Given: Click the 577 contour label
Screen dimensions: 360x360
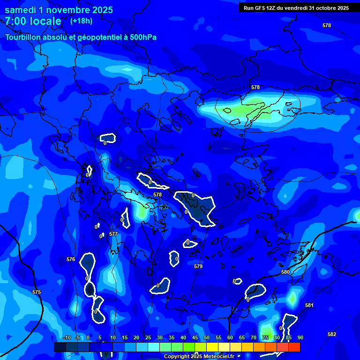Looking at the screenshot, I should pos(113,234).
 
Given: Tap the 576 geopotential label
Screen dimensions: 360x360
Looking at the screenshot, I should pos(71,259).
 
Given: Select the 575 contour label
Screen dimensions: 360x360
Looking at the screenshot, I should pos(37,292).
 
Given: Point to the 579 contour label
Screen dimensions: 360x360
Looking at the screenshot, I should pos(198,266).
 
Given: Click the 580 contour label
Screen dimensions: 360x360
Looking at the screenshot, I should pos(285,272).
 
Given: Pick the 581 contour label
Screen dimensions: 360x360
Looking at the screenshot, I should pos(309,305).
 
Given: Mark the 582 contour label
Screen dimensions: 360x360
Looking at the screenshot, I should pos(332,334).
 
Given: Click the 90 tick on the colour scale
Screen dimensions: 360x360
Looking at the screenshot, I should pos(300,337).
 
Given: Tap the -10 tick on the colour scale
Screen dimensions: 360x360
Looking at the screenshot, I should pos(67,337).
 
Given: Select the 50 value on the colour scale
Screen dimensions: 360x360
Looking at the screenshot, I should pos(206,337).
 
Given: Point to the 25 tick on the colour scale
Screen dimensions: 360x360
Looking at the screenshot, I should pos(148,337).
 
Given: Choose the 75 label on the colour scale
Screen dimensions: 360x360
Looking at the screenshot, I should pos(265,337).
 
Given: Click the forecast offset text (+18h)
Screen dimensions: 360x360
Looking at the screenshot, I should pos(81,21).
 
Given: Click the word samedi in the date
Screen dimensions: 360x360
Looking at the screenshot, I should pos(21,10).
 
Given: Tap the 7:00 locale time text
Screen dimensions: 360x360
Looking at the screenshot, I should pos(33,21).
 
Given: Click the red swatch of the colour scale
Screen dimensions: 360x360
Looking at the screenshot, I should pos(294,347).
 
